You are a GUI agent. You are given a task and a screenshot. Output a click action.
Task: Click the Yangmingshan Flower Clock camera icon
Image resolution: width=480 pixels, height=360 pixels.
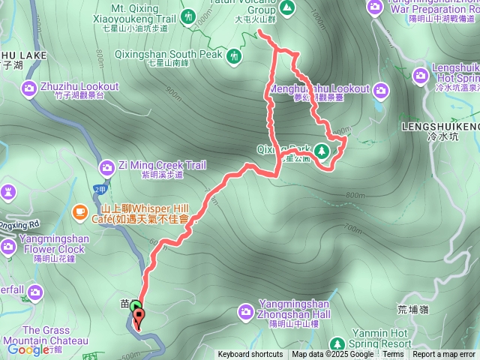8,245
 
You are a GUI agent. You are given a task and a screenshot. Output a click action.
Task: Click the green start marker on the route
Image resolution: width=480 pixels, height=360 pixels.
135,307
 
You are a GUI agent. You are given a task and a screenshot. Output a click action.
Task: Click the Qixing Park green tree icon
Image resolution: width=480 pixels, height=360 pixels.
322,150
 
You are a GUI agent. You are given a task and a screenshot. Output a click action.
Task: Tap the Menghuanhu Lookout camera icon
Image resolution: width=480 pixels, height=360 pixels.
381,91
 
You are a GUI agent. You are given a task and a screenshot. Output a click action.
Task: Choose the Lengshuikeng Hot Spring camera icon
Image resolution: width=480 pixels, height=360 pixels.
421,75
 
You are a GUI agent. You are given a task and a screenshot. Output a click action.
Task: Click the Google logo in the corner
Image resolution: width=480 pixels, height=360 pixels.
28,349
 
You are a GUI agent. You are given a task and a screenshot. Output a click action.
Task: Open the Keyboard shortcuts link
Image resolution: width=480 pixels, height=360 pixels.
250,355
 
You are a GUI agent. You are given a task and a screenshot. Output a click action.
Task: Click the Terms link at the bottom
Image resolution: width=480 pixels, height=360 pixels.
393,355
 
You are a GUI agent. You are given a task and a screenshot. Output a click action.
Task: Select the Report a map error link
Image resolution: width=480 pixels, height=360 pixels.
444,355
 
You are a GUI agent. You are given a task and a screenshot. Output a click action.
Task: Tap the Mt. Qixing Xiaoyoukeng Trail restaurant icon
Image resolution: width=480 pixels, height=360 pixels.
187,15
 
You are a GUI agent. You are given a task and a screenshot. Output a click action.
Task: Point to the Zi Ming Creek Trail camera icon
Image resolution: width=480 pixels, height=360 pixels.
106,165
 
